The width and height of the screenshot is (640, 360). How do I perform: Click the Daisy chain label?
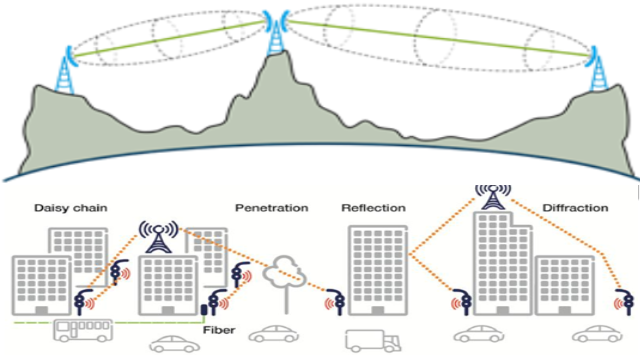coord(71,208)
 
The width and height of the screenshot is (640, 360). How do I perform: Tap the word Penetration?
coord(271,208)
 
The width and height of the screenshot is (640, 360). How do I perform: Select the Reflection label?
coord(373,208)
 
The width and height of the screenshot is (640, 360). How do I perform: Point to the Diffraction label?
coord(575,208)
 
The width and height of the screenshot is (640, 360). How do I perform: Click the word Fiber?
coord(219,330)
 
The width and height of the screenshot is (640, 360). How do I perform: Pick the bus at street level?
coord(83,330)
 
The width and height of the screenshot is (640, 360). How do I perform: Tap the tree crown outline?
coord(284,271)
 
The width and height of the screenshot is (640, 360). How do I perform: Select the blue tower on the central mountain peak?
coord(276,37)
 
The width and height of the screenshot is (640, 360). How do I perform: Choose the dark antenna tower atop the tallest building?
coord(493,197)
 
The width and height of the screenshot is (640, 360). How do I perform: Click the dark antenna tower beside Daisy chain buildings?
coord(158,237)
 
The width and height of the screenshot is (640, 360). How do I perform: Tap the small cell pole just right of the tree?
coord(336,302)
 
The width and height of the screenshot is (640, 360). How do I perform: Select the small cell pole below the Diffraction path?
coord(624,302)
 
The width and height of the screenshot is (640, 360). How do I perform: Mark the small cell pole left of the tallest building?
coord(463,302)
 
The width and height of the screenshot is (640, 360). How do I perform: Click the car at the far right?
coord(597,333)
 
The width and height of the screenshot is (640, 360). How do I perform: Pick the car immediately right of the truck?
coord(479,333)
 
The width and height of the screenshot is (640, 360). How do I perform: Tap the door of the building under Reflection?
coord(378,311)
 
